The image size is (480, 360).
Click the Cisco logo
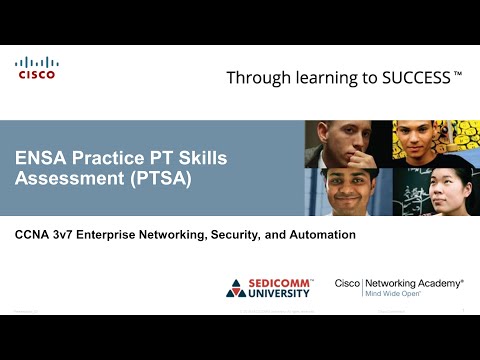[x=36, y=68]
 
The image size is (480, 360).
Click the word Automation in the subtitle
[x=317, y=235]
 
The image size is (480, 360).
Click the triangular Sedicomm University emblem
[x=237, y=289]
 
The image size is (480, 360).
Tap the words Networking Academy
[x=420, y=284]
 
